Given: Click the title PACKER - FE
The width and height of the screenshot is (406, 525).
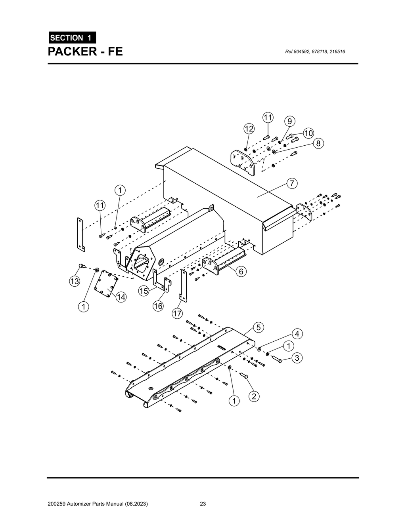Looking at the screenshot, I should click(x=85, y=51).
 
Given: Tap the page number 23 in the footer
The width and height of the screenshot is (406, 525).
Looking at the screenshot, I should click(x=203, y=504).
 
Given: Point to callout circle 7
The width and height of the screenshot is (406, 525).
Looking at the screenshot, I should click(x=292, y=183).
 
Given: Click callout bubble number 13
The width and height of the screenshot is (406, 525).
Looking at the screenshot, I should click(x=74, y=281).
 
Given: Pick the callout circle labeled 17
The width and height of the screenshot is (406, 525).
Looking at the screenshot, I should click(x=177, y=314).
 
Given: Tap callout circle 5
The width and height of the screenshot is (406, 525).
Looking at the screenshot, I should click(x=258, y=327).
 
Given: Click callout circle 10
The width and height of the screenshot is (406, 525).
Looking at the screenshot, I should click(x=308, y=133).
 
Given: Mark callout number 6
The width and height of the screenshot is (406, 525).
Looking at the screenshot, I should click(x=241, y=271).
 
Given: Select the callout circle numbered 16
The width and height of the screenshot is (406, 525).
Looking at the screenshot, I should click(x=158, y=306).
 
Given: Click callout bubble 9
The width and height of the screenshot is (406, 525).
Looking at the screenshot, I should click(x=289, y=121).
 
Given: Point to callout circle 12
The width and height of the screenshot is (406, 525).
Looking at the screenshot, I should click(x=249, y=129).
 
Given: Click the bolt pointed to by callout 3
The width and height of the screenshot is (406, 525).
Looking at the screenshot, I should click(x=276, y=359).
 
